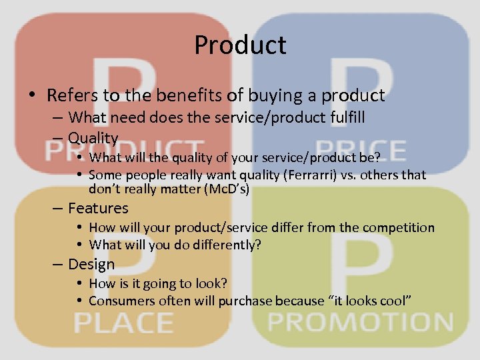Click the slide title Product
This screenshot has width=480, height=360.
[x=240, y=45]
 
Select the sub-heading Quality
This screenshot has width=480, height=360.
[x=93, y=138]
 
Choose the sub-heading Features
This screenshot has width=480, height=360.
[x=98, y=209]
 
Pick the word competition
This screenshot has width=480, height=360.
[x=398, y=227]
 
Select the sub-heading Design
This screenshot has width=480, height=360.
[x=91, y=264]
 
